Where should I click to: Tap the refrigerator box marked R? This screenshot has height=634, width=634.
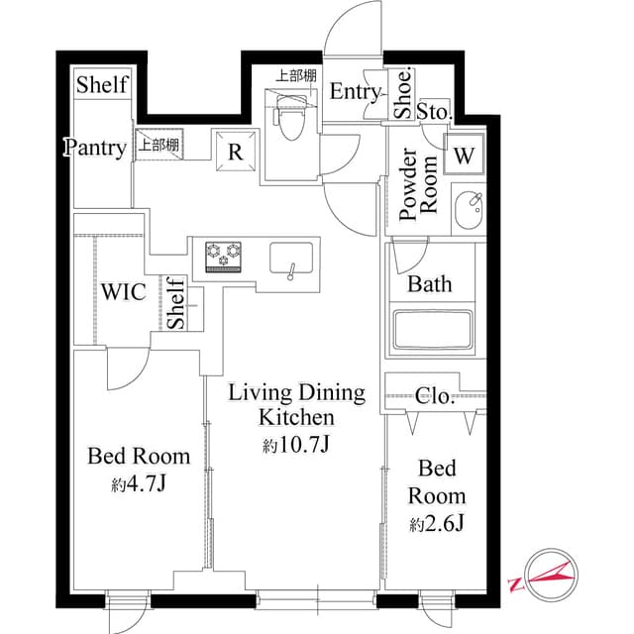click(x=236, y=152)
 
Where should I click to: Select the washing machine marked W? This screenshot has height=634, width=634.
click(x=464, y=155)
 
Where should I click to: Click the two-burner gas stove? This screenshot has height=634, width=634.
click(x=225, y=256)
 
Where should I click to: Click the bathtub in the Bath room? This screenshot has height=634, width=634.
click(x=431, y=330)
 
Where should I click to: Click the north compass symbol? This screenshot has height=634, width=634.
click(x=542, y=576)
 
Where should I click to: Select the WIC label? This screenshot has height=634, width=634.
click(x=124, y=292)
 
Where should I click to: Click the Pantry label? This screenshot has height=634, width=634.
click(x=96, y=149)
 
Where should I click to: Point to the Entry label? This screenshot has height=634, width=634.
click(x=355, y=92)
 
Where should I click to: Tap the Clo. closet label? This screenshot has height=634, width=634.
click(x=436, y=397)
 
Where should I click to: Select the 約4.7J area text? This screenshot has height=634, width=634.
click(x=139, y=484)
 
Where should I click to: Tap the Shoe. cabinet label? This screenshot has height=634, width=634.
click(x=403, y=93)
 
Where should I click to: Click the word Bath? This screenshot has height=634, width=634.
click(x=430, y=285)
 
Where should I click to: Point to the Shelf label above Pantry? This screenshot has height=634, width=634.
click(x=102, y=84)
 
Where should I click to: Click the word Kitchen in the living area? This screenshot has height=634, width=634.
click(x=297, y=417)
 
